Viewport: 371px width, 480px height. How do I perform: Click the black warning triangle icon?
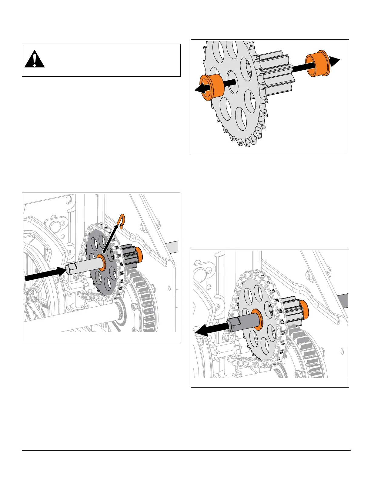[x=35, y=59]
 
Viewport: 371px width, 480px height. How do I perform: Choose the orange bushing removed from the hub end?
[x=316, y=65]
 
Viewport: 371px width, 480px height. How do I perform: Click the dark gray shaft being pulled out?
[x=242, y=323]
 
